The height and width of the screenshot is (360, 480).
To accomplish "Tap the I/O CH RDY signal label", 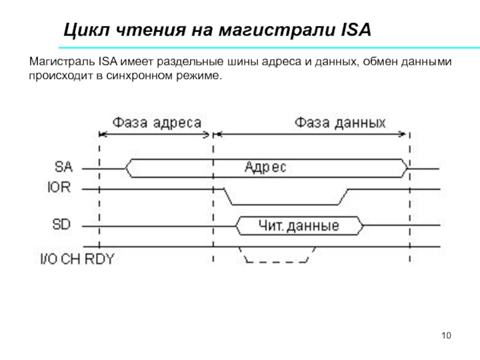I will point(76,260).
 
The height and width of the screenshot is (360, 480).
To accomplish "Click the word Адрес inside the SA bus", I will point(266,168).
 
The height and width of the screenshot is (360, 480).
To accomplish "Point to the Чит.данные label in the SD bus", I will point(299,226).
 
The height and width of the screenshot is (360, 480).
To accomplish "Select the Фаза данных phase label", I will point(340,123).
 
